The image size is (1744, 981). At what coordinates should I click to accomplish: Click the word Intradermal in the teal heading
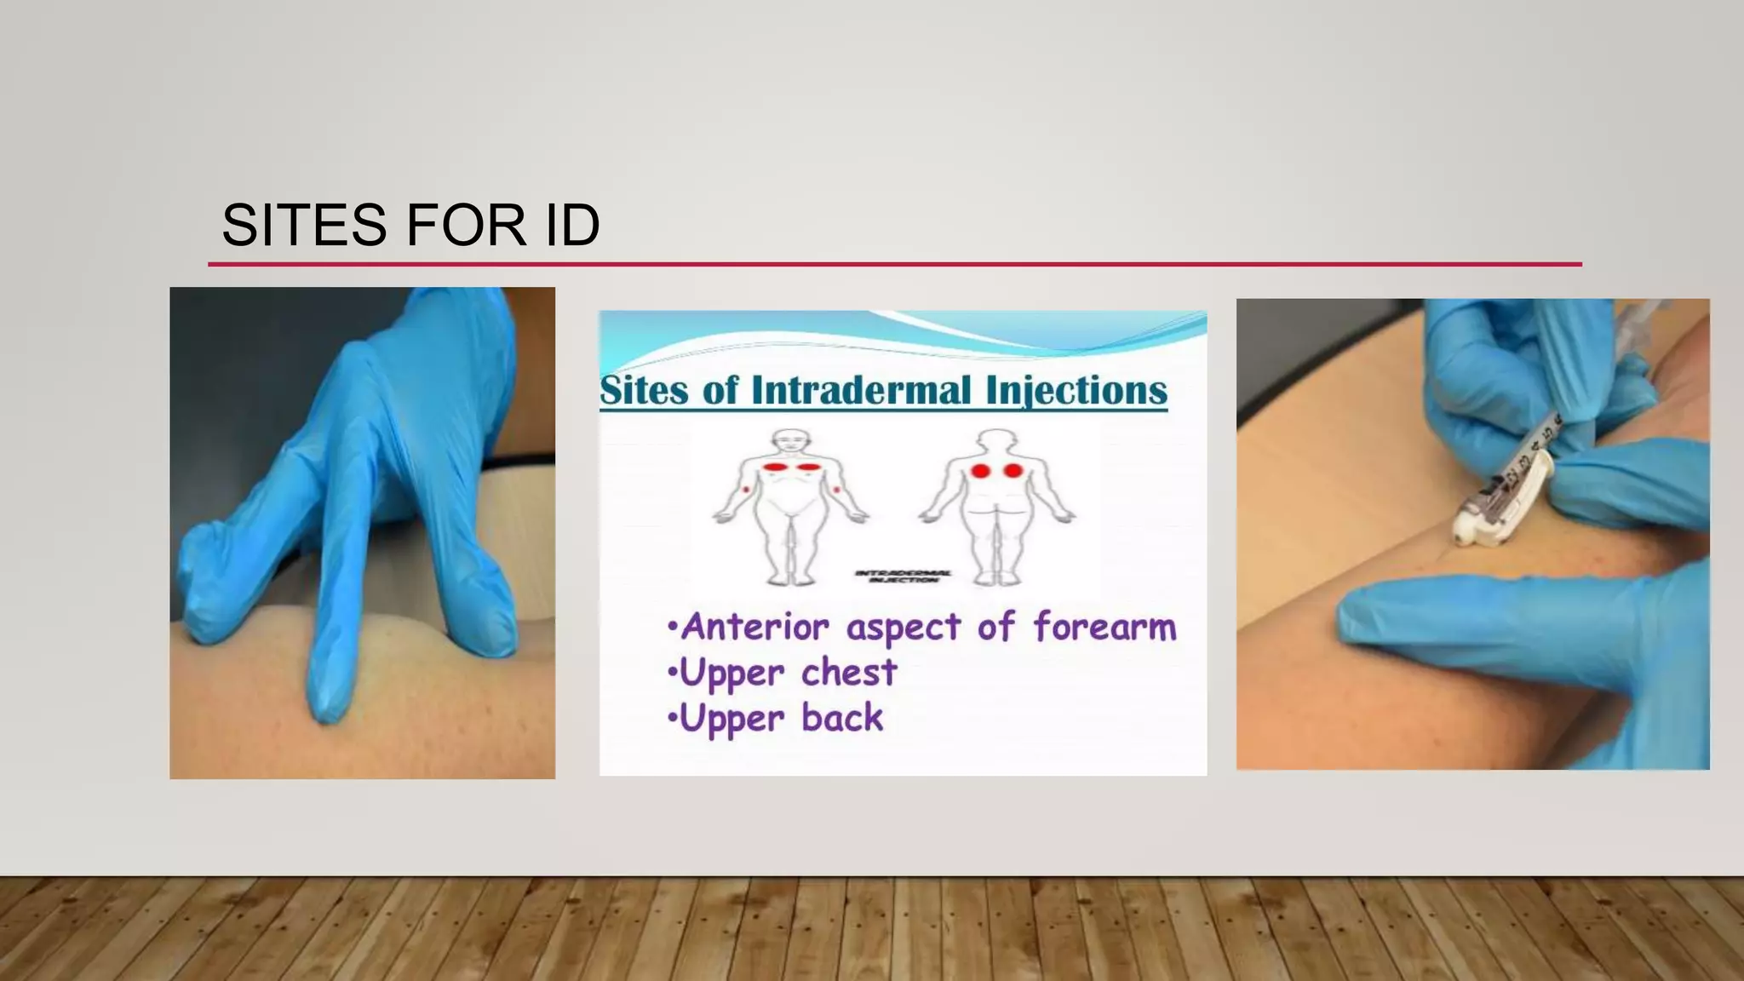point(861,391)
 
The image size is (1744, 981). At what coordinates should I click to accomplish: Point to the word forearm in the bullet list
point(1104,628)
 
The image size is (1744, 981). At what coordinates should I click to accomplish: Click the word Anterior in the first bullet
point(754,628)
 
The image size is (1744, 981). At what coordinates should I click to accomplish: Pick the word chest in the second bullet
point(849,673)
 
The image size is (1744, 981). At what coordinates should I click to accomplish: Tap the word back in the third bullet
point(842,718)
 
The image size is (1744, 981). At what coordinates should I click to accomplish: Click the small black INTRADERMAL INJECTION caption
point(903,577)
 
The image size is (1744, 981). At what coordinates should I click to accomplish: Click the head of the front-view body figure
point(790,441)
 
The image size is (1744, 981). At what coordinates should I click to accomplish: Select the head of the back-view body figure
point(996,441)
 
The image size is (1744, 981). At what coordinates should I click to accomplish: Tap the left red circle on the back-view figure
point(980,470)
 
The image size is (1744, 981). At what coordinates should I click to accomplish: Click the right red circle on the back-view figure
point(1013,470)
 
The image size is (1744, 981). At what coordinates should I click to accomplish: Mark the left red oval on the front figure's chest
point(774,467)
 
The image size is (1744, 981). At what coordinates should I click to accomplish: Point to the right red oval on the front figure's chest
point(806,467)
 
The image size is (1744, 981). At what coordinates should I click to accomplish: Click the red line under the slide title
point(894,264)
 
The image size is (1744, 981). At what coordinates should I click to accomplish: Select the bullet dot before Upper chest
point(673,673)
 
